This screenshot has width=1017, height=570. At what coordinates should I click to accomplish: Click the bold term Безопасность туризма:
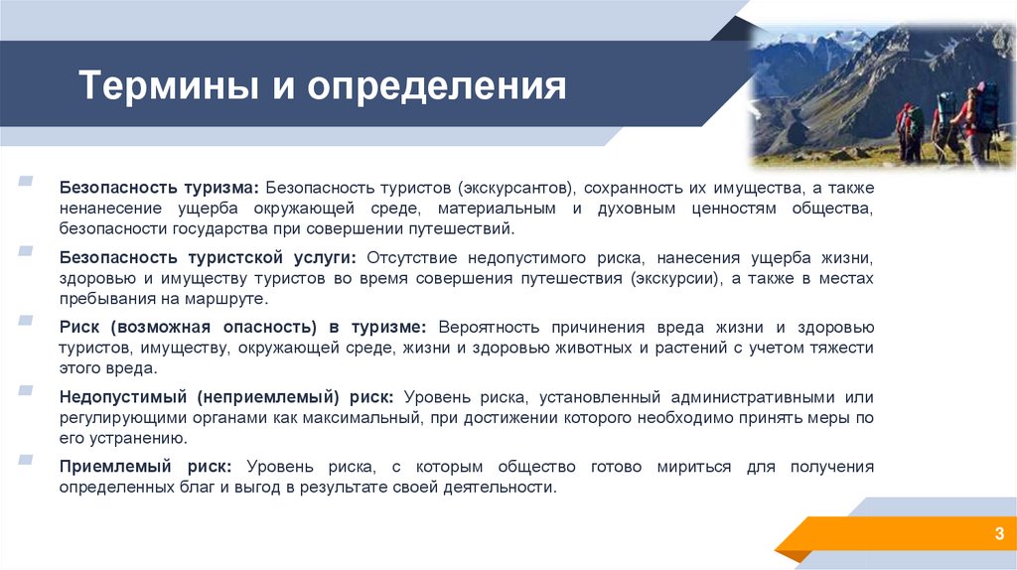(159, 188)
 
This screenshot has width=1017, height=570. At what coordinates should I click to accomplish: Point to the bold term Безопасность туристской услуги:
(205, 257)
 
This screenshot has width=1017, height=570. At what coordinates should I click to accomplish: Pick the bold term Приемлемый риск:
(145, 467)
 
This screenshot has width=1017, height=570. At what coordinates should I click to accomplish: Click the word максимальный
(369, 418)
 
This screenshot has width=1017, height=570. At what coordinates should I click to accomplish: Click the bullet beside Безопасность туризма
(24, 183)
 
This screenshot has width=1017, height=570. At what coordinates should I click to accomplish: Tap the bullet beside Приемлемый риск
(24, 462)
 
